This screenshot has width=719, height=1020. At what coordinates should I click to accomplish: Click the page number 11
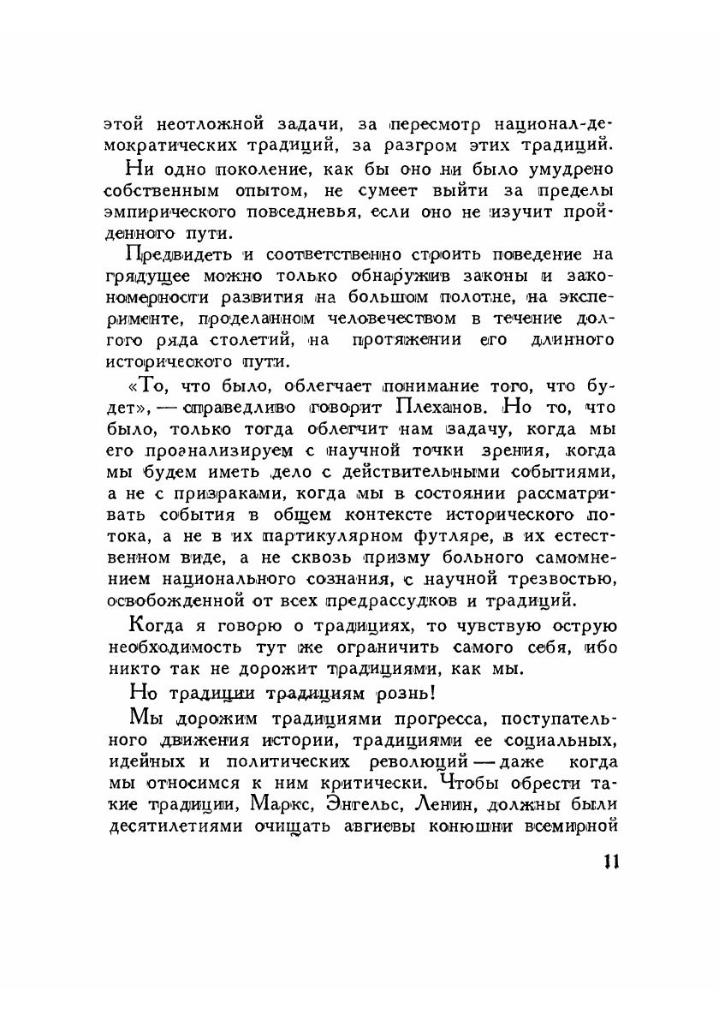(x=609, y=862)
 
